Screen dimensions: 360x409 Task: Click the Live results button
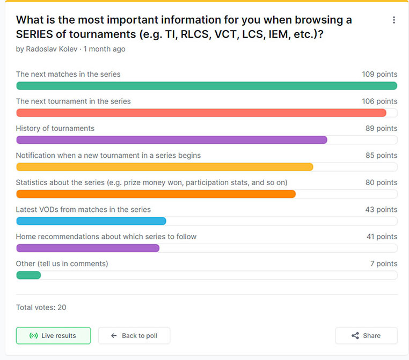[53, 335]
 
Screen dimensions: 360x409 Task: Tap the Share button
[366, 335]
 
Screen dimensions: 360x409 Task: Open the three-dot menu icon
[393, 20]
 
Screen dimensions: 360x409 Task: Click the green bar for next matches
[207, 86]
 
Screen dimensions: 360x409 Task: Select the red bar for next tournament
[201, 113]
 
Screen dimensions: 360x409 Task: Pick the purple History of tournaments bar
[172, 140]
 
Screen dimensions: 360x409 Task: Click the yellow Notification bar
[165, 167]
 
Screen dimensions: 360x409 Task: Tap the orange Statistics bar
[156, 194]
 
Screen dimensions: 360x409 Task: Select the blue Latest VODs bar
[91, 221]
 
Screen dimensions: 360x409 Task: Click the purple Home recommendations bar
[88, 248]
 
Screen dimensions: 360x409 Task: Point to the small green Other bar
[28, 275]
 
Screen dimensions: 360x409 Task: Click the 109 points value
[379, 75]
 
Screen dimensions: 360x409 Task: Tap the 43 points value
[381, 209]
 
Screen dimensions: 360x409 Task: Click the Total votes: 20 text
[41, 307]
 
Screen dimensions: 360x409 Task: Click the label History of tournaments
[55, 128]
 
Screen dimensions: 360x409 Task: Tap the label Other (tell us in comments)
[62, 263]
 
